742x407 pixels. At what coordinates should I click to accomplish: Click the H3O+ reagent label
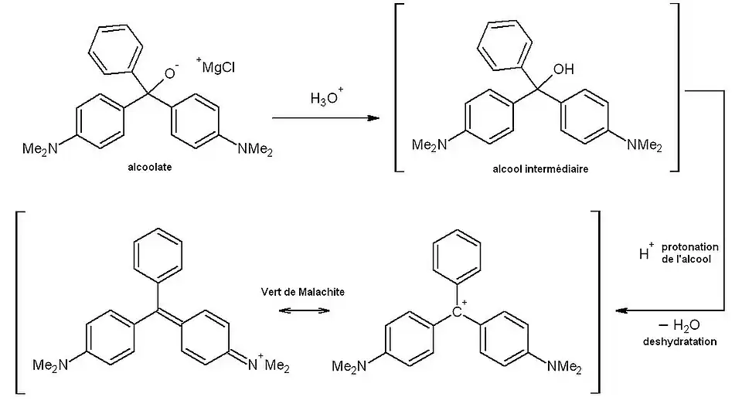[326, 98]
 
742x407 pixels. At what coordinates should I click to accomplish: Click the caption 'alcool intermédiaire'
[534, 168]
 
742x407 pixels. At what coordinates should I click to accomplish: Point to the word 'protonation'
[691, 246]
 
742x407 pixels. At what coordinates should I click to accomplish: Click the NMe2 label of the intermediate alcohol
[644, 144]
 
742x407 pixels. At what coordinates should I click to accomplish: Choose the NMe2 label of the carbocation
[566, 365]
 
